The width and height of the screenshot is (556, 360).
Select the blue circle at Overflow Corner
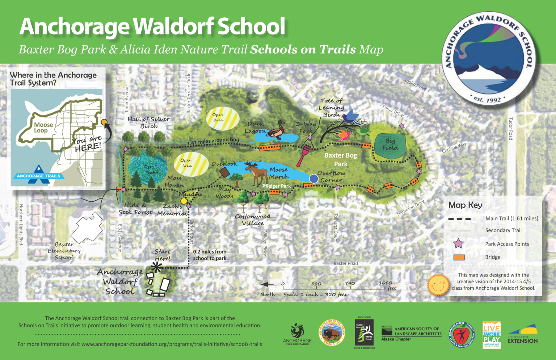(x=313, y=179)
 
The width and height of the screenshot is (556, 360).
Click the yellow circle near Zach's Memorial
(x=184, y=201)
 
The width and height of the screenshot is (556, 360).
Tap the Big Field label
(x=390, y=145)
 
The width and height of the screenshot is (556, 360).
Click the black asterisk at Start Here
(x=156, y=268)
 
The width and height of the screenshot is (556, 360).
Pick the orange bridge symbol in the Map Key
(x=459, y=257)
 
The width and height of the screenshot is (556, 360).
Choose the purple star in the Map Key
(x=459, y=243)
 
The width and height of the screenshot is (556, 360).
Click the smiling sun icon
(x=438, y=284)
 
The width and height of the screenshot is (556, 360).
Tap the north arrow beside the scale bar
(x=267, y=284)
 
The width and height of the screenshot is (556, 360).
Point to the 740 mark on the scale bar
(x=350, y=284)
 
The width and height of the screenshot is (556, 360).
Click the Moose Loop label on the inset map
(x=43, y=127)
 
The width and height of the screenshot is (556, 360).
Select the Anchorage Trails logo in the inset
(x=39, y=173)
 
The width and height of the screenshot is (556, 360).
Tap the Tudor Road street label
(x=511, y=129)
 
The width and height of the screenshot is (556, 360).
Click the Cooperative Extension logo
(x=523, y=334)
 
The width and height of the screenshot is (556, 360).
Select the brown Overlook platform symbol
(x=224, y=172)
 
